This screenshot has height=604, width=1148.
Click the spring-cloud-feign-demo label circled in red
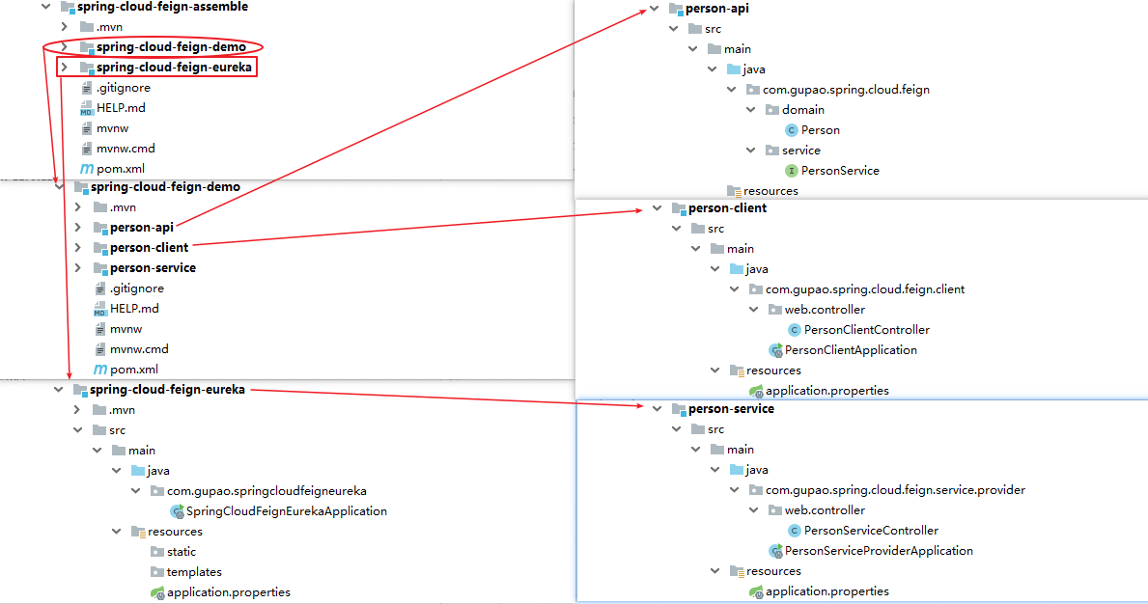pyautogui.click(x=171, y=47)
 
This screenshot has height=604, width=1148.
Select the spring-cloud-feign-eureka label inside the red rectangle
pyautogui.click(x=174, y=68)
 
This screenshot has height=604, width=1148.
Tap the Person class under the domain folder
pyautogui.click(x=820, y=130)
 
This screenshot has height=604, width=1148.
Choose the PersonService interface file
pyautogui.click(x=839, y=171)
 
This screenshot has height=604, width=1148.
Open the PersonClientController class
pyautogui.click(x=866, y=330)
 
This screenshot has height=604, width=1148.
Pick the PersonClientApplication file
pyautogui.click(x=850, y=350)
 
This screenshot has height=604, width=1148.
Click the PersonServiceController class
pyautogui.click(x=871, y=531)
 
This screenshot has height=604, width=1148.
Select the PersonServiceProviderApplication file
pyautogui.click(x=878, y=551)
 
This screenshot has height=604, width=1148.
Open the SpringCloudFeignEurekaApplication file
pyautogui.click(x=286, y=511)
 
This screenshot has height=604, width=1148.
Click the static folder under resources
pyautogui.click(x=181, y=552)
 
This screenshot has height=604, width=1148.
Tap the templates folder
pyautogui.click(x=194, y=572)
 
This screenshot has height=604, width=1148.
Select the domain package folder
pyautogui.click(x=802, y=110)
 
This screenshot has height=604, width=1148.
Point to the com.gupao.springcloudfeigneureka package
pyautogui.click(x=266, y=491)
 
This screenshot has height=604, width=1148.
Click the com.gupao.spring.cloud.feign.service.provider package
pyautogui.click(x=895, y=490)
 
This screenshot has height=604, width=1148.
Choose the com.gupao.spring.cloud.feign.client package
pyautogui.click(x=864, y=289)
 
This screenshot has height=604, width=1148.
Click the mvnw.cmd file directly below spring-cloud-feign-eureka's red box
pyautogui.click(x=126, y=149)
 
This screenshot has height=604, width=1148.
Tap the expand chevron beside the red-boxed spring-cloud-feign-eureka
pyautogui.click(x=65, y=68)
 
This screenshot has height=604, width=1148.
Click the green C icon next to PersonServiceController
pyautogui.click(x=795, y=531)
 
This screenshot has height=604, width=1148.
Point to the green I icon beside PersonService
pyautogui.click(x=792, y=171)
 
